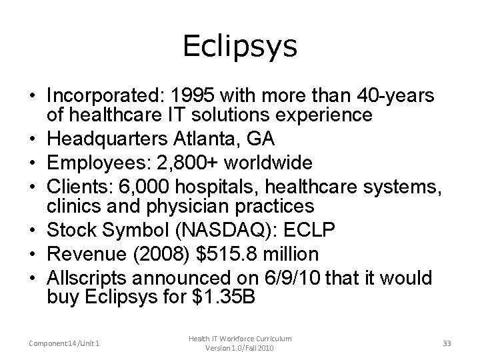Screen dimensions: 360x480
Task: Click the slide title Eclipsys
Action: tap(239, 47)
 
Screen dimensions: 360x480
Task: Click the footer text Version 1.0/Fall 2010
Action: tap(239, 348)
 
